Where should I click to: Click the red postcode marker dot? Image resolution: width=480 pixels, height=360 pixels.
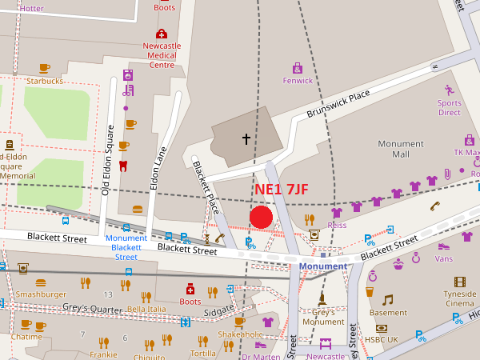[262, 217]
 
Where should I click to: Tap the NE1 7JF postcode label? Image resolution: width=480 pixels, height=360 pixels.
[282, 190]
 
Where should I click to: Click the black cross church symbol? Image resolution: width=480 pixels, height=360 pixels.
[246, 139]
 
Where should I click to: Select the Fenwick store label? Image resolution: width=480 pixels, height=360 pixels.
[298, 80]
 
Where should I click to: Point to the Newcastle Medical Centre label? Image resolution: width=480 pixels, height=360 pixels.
[162, 55]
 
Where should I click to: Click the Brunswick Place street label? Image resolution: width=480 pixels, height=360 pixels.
[338, 106]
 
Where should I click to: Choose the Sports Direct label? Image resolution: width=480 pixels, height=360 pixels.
[449, 107]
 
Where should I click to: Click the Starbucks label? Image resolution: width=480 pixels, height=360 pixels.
[44, 81]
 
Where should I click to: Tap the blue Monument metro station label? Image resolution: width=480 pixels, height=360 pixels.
[323, 266]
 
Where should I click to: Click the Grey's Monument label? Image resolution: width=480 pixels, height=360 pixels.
[322, 317]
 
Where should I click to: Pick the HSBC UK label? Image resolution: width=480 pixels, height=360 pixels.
[381, 340]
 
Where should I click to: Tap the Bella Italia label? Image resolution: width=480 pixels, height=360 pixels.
[146, 308]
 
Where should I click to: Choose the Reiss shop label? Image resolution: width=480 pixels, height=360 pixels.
[337, 226]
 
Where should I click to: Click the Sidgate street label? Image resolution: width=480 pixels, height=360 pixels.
[219, 309]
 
